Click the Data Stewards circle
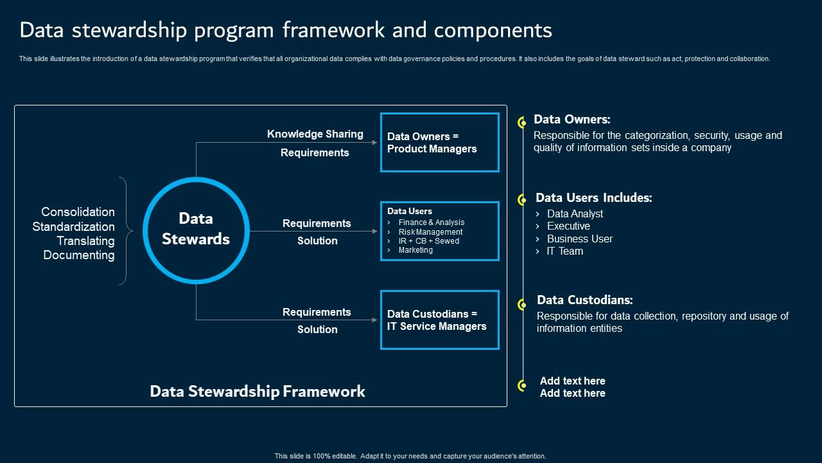click(196, 230)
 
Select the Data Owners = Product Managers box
click(439, 143)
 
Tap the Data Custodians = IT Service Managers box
click(439, 320)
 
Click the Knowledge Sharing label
click(315, 134)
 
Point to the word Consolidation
click(78, 212)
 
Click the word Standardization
click(73, 227)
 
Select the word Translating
click(85, 241)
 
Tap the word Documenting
click(79, 255)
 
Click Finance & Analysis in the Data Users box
click(431, 222)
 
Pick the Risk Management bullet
click(430, 232)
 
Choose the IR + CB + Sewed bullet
click(428, 241)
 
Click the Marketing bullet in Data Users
click(415, 250)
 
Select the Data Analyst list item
click(575, 214)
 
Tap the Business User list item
click(579, 239)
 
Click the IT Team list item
click(564, 251)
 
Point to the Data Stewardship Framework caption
click(258, 392)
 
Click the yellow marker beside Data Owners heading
click(522, 122)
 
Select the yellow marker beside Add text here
click(522, 385)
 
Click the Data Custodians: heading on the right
click(584, 300)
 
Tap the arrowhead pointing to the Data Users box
click(375, 231)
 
